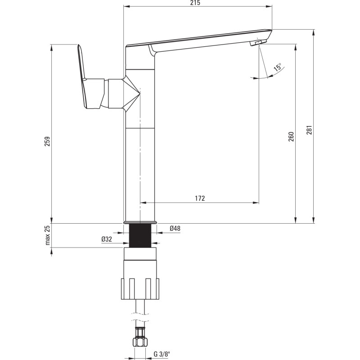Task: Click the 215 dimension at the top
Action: click(x=195, y=3)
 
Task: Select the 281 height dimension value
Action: click(x=310, y=130)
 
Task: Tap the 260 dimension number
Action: click(x=291, y=137)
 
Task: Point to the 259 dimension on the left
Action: click(x=47, y=141)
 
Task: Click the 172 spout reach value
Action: click(x=200, y=198)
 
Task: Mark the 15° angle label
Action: click(x=278, y=67)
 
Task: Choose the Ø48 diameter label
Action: click(x=175, y=229)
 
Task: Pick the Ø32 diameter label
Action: click(x=107, y=239)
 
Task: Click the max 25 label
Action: click(x=47, y=235)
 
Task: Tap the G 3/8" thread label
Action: click(x=162, y=354)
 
